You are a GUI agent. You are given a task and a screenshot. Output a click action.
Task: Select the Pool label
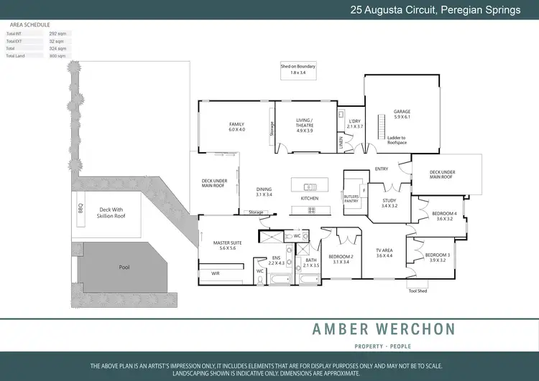coord(124,267)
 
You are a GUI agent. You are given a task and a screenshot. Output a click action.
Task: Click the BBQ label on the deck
coord(80,209)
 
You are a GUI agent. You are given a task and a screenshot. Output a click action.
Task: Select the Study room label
coord(389,203)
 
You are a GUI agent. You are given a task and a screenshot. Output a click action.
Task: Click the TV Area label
coord(384,253)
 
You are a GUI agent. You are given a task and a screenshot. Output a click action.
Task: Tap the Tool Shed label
coord(418,291)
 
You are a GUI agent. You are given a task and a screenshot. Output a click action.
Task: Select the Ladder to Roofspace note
coord(396,140)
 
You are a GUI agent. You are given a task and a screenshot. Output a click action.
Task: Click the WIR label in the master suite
coord(215,273)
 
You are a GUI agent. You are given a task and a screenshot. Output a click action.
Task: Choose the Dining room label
coord(264,192)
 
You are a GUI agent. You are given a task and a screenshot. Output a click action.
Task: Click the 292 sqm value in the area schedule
coord(57,34)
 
